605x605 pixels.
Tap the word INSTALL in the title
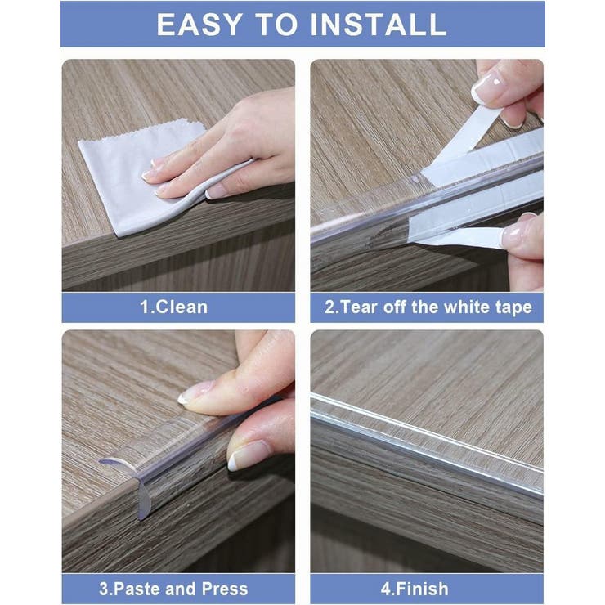379,25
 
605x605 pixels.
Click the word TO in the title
277,25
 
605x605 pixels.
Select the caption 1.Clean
173,307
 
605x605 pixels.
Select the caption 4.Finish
415,589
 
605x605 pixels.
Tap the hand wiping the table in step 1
224,150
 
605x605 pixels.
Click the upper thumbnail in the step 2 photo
488,87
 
